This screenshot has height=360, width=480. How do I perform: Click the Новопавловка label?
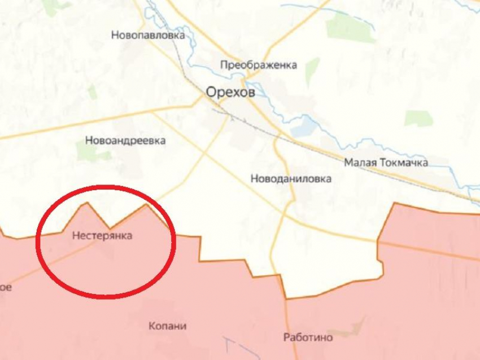pyautogui.click(x=148, y=35)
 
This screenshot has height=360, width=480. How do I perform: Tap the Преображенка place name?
pyautogui.click(x=259, y=65)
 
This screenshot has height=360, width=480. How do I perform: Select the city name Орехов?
pyautogui.click(x=230, y=92)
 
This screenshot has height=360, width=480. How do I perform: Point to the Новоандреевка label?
pyautogui.click(x=125, y=141)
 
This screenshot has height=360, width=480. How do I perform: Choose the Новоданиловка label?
pyautogui.click(x=291, y=179)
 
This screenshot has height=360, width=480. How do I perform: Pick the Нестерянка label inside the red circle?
pyautogui.click(x=102, y=235)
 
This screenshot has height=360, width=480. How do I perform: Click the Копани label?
pyautogui.click(x=168, y=326)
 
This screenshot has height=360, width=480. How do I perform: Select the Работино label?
pyautogui.click(x=308, y=337)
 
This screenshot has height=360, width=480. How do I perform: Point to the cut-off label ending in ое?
pyautogui.click(x=5, y=287)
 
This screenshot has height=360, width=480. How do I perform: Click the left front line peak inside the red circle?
pyautogui.click(x=86, y=203)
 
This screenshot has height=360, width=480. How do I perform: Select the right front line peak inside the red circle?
pyautogui.click(x=147, y=204)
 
